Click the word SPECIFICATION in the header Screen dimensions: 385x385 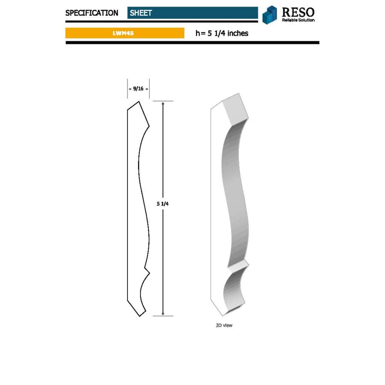pos(92,13)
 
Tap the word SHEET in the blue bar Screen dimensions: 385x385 pos(141,13)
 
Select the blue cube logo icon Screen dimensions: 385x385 pos(269,15)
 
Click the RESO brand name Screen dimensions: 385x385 pos(298,12)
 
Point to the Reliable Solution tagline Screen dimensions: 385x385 pos(298,20)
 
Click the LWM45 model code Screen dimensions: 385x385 pos(123,33)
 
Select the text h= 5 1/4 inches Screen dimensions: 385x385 pos(222,33)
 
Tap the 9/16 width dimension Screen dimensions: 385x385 pos(138,89)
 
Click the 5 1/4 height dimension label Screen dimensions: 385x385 pos(162,204)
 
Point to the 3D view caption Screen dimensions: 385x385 pos(224,325)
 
